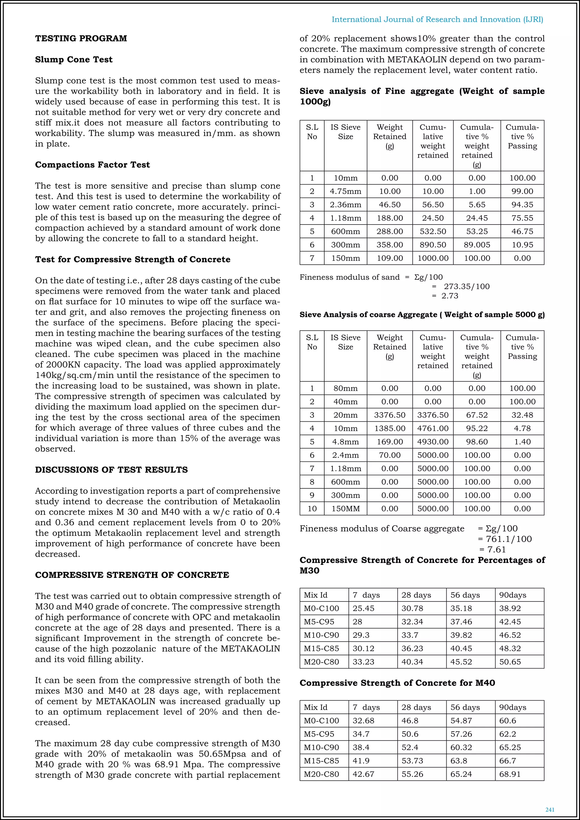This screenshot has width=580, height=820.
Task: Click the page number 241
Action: (550, 810)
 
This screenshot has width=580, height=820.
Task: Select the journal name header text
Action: (437, 20)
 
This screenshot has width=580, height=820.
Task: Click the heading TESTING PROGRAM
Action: (81, 39)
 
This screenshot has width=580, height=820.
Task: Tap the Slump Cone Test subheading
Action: (74, 60)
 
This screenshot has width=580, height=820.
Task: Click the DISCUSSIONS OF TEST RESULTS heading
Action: (111, 470)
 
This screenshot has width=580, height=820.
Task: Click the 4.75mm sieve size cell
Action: (345, 191)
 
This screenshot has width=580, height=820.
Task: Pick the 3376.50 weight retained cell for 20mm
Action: (389, 415)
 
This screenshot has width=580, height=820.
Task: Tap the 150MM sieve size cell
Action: (345, 509)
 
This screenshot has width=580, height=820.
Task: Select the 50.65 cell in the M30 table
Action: (510, 662)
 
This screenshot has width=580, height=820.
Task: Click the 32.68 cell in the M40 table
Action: (363, 721)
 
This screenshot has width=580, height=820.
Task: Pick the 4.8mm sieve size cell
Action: (345, 442)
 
